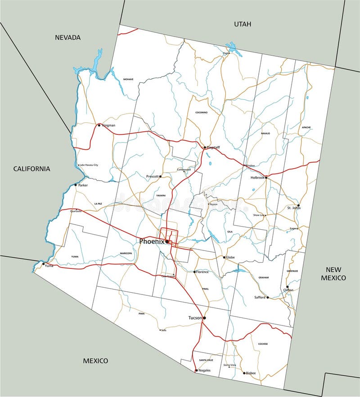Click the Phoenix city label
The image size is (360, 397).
click(151, 241)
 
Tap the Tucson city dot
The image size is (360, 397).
click(204, 318)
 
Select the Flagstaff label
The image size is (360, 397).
click(214, 147)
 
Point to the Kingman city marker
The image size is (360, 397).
click(99, 125)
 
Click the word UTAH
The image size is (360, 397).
click(243, 24)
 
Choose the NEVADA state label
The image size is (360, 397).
click(67, 37)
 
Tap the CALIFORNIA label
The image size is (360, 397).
click(31, 169)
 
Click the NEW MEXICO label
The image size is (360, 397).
click(333, 273)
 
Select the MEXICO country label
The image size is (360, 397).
click(95, 361)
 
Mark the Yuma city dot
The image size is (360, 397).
click(44, 264)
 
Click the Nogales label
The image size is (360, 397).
click(204, 370)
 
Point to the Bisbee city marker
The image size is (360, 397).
click(244, 373)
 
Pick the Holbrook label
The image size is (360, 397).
click(257, 178)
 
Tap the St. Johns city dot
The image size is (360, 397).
click(298, 205)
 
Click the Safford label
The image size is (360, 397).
click(260, 298)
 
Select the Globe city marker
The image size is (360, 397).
click(224, 258)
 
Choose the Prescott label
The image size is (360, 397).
click(153, 177)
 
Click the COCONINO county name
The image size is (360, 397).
click(202, 112)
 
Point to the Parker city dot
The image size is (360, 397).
click(76, 185)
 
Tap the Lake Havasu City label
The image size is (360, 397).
click(89, 165)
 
